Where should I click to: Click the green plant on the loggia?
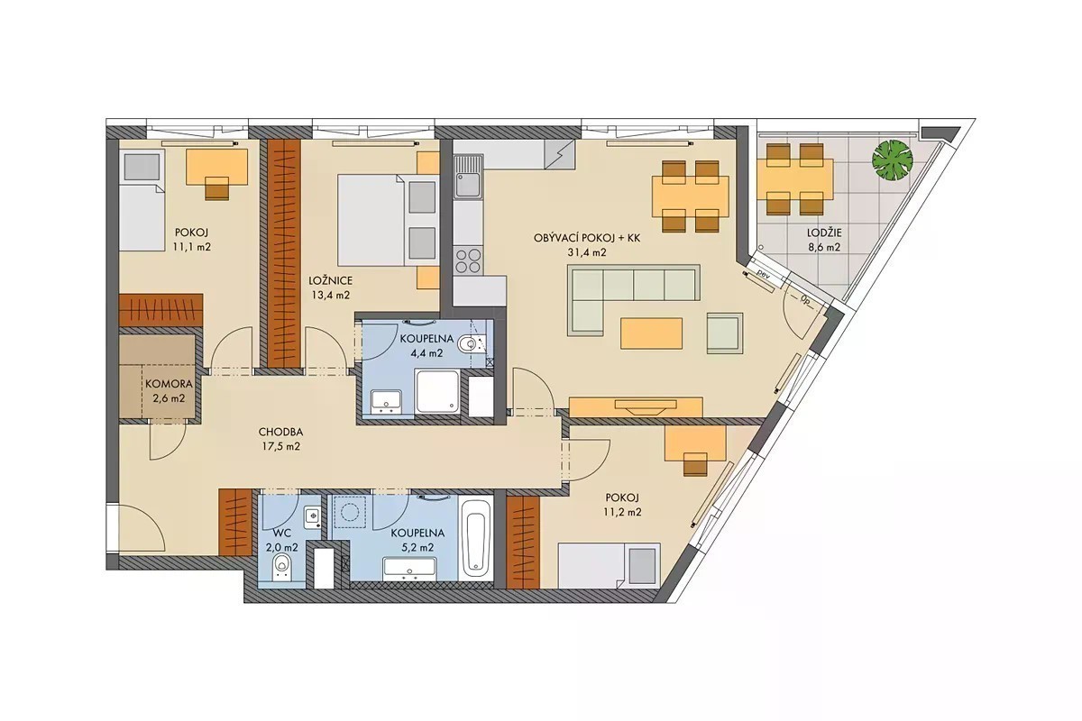click(x=893, y=160)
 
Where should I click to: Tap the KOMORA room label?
click(x=170, y=385)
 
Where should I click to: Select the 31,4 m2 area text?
click(x=587, y=252)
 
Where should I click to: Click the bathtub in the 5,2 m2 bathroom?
click(x=476, y=541)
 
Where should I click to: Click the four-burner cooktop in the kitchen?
click(x=468, y=260)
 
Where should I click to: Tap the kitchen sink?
click(x=468, y=177)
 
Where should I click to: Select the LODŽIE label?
click(x=824, y=233)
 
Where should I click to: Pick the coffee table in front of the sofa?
click(x=652, y=333)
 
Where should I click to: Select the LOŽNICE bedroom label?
click(x=330, y=280)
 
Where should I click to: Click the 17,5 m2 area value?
click(x=280, y=446)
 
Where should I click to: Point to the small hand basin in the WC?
click(x=313, y=517)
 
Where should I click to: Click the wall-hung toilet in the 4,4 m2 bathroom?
click(x=469, y=344)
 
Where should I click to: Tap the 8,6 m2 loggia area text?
click(x=824, y=247)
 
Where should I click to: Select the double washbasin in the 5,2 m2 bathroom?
click(x=409, y=569)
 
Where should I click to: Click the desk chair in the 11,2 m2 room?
click(x=694, y=463)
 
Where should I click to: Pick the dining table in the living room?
click(x=691, y=196)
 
